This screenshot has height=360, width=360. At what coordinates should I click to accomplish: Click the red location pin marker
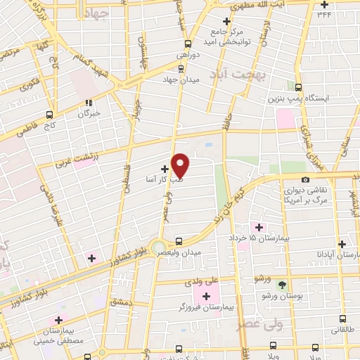pos(181,165)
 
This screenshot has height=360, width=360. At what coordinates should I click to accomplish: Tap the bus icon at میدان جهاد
pos(182,68)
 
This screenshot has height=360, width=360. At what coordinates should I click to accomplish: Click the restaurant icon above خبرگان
pos(89,101)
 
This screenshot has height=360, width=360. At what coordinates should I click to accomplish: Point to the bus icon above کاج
pos(49,114)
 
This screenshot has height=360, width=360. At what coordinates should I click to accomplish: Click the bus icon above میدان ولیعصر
pos(180,240)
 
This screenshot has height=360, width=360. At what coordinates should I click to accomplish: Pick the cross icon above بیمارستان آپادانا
pos(342,244)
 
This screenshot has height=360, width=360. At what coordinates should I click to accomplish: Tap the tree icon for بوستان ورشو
pos(283,285)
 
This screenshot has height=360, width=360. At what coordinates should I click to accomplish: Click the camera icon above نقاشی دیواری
pos(306,180)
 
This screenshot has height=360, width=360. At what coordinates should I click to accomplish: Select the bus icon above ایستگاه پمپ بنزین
pos(299,88)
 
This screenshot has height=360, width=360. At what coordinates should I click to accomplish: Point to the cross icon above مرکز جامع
pos(226,21)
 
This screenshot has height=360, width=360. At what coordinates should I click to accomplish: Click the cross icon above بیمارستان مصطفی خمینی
pos(58,321)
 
